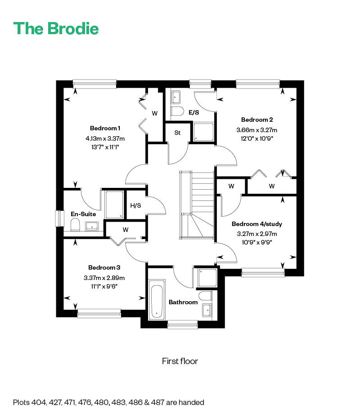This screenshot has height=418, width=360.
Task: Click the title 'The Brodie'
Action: (x=56, y=28)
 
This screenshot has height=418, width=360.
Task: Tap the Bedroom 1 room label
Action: (x=105, y=128)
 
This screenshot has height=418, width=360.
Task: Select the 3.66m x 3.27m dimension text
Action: (x=256, y=130)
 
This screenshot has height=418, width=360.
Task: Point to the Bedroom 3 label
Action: (x=104, y=267)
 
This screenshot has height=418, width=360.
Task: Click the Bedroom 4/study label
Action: (x=256, y=224)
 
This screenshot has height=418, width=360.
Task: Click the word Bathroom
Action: (x=183, y=302)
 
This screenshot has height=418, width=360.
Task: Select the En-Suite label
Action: (x=83, y=214)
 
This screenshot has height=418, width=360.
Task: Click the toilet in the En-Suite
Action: (x=75, y=224)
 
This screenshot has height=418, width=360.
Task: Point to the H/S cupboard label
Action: (x=135, y=205)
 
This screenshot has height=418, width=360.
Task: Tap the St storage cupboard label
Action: (x=177, y=133)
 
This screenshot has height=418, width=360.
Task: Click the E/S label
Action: (x=194, y=112)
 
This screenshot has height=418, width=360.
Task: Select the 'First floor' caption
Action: (x=180, y=361)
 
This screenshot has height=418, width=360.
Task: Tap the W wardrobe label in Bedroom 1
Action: (x=154, y=113)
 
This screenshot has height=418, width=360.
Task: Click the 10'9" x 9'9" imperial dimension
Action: (x=256, y=242)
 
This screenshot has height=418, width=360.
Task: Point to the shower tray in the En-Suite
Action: (x=114, y=205)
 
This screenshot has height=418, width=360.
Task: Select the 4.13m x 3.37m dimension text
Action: (x=105, y=138)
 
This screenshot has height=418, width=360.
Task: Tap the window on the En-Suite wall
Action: (x=59, y=218)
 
